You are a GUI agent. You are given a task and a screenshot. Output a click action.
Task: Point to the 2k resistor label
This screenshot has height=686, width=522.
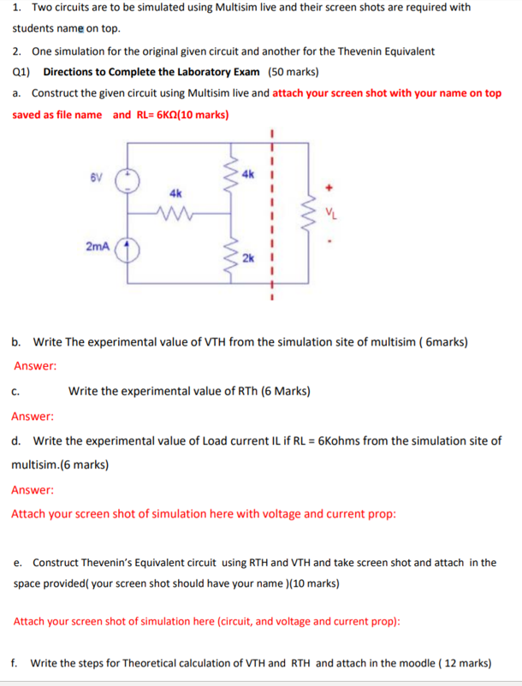[247, 257]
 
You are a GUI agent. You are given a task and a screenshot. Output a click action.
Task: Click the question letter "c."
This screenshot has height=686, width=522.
[16, 392]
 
